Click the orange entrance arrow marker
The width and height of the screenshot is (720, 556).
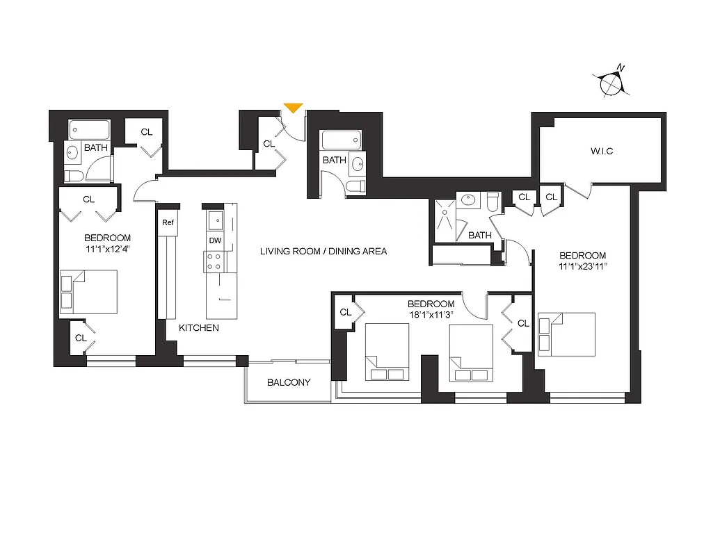(293, 108)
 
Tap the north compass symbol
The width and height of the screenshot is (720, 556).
(612, 83)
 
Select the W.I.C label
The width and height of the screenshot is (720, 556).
(602, 151)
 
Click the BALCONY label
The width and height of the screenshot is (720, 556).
(289, 382)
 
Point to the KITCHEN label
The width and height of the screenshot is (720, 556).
(198, 327)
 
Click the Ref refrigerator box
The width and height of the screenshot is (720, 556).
(168, 223)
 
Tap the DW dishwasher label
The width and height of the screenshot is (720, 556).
(215, 240)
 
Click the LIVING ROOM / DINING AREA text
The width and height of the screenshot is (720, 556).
(323, 251)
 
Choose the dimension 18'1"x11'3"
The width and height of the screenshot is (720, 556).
(431, 314)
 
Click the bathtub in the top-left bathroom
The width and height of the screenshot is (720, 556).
(89, 130)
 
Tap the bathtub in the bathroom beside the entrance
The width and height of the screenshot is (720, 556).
(341, 141)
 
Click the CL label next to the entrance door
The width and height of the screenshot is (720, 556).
(269, 144)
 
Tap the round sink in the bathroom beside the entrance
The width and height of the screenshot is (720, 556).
(358, 165)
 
